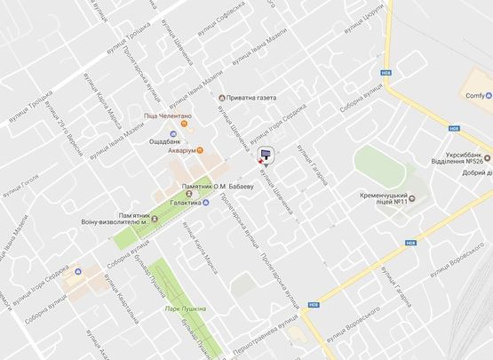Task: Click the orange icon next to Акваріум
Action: [201, 149]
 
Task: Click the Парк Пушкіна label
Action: [186, 308]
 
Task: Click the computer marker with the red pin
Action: [265, 156]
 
